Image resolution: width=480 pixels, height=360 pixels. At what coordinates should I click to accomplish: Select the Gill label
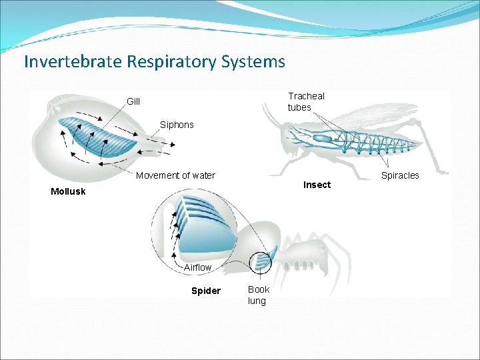(133, 101)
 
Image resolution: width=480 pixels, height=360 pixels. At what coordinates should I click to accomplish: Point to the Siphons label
(177, 125)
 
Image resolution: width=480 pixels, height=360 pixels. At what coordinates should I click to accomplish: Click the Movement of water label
(175, 175)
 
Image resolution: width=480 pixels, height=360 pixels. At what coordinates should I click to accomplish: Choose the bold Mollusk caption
(68, 192)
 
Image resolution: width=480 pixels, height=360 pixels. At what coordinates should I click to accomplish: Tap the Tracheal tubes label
(306, 101)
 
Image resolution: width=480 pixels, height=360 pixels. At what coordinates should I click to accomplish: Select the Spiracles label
(400, 175)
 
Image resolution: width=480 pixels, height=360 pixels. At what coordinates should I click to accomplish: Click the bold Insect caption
(317, 185)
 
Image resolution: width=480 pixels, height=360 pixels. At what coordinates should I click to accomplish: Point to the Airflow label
(197, 267)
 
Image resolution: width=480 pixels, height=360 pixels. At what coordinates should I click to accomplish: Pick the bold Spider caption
(205, 291)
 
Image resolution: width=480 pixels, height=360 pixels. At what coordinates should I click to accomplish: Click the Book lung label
(258, 295)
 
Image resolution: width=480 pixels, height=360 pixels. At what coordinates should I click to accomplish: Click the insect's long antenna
(270, 117)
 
